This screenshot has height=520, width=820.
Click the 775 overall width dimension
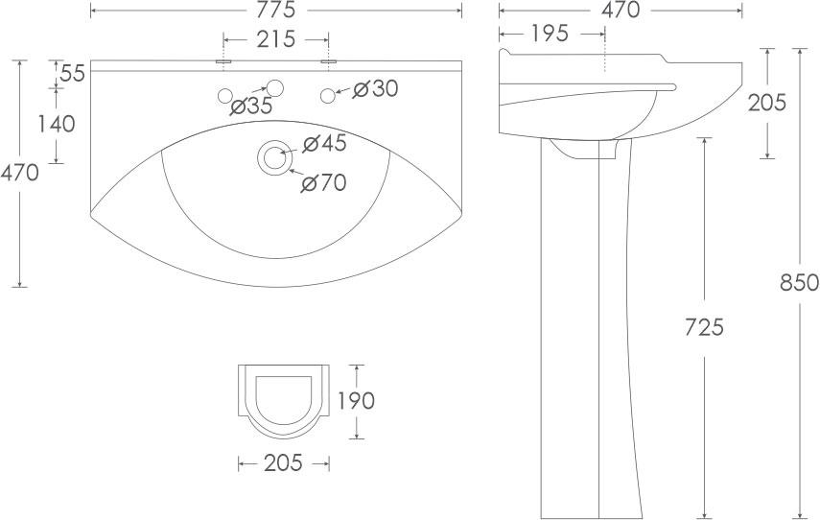(276, 11)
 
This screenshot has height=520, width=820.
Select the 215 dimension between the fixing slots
(276, 39)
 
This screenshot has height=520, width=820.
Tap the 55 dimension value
(72, 72)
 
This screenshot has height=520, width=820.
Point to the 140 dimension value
(56, 123)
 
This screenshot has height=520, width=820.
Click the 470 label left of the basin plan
(20, 174)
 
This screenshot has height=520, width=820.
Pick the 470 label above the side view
(620, 11)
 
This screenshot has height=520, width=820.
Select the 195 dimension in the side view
(549, 34)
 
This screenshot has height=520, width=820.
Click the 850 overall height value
(799, 283)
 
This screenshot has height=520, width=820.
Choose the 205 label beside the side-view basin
(767, 102)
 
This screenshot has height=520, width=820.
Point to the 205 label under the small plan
(283, 463)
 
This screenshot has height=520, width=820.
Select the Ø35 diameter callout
(251, 106)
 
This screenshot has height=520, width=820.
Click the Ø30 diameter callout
(375, 88)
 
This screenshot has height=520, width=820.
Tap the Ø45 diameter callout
(323, 144)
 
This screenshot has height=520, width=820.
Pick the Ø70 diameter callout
(323, 182)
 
